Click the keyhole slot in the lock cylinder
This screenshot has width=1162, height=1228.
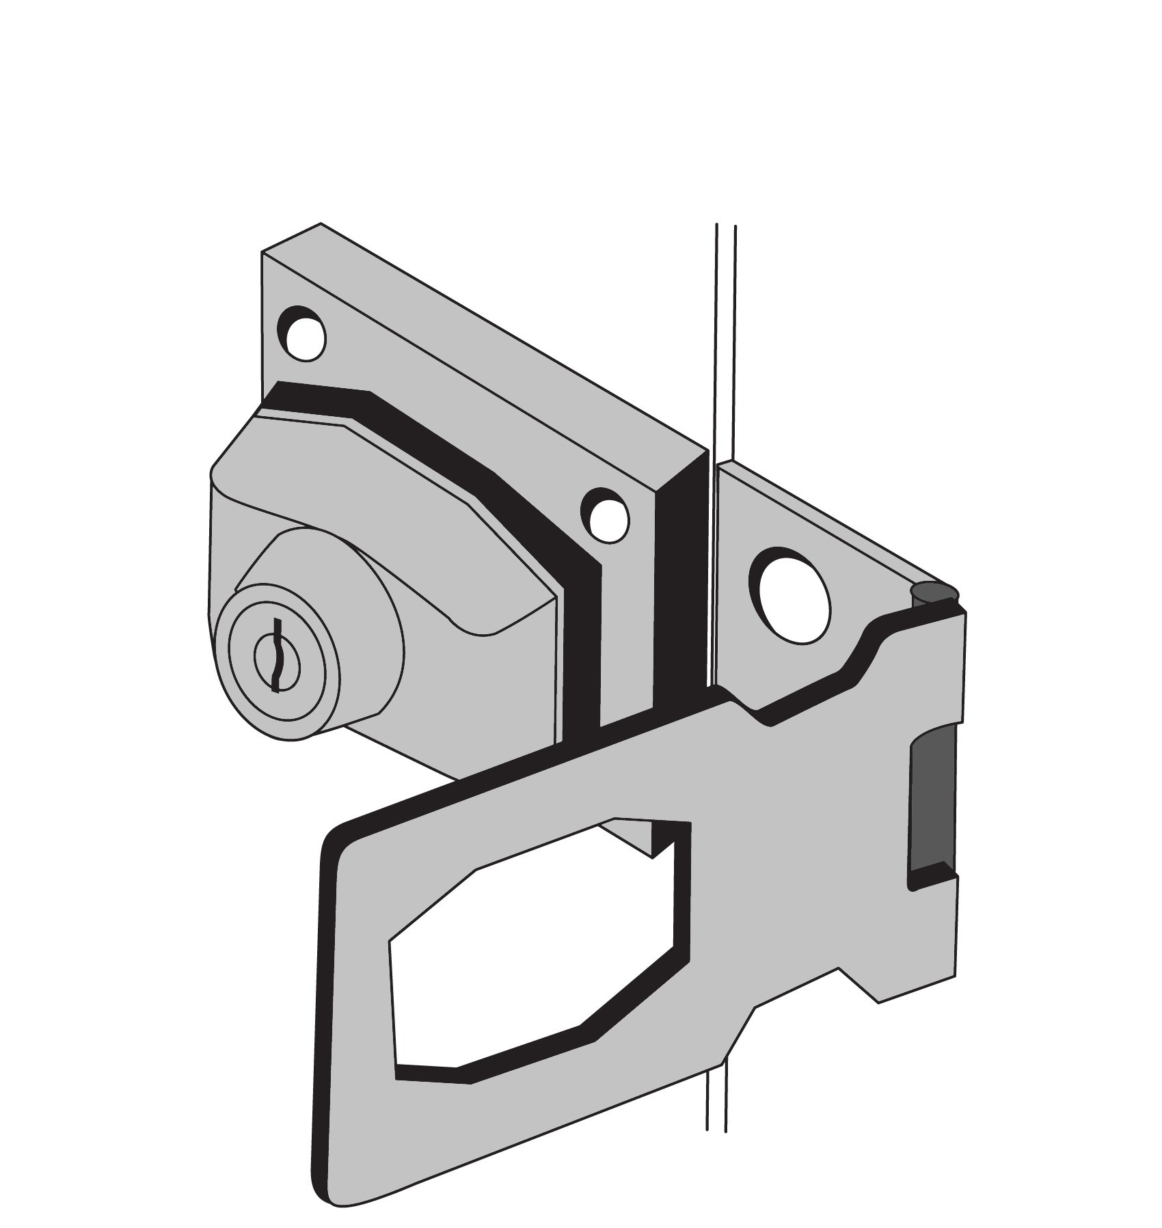click(x=276, y=655)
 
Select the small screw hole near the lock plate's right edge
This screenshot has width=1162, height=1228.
click(x=605, y=516)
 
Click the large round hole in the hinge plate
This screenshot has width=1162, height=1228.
click(x=791, y=597)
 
